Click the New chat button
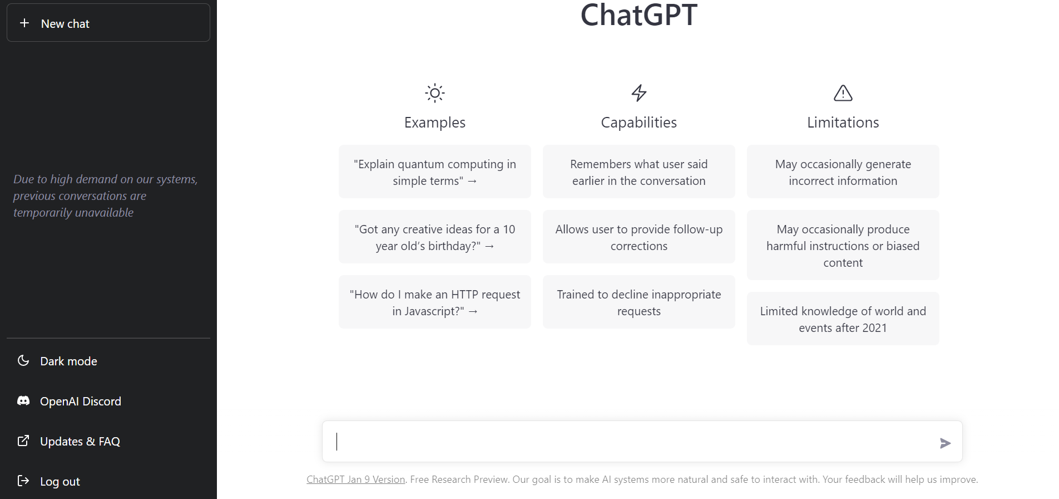[x=108, y=23]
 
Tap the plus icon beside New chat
[x=24, y=23]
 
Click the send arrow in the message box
[x=945, y=443]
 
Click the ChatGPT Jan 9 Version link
[x=355, y=480]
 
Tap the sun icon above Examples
[x=435, y=93]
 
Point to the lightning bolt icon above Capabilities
[x=639, y=93]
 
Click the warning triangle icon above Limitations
[x=843, y=93]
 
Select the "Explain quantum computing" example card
[x=435, y=172]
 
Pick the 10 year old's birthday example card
[x=435, y=237]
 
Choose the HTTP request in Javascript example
[x=435, y=302]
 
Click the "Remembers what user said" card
[x=639, y=172]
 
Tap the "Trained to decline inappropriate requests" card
[x=639, y=302]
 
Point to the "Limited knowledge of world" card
[x=843, y=319]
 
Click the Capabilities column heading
[x=639, y=123]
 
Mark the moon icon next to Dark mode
[x=23, y=360]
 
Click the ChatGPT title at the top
[x=639, y=14]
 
